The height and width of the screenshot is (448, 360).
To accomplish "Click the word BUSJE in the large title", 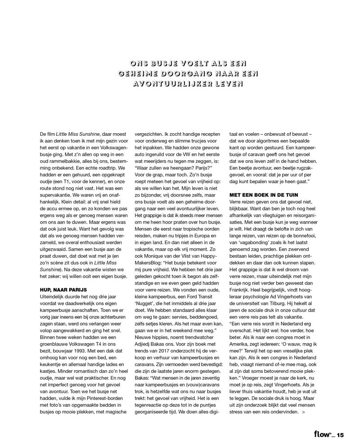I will (x=164, y=63).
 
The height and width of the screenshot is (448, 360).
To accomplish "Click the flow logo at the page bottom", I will (x=324, y=435).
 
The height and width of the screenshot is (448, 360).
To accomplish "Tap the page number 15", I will (x=340, y=435).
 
